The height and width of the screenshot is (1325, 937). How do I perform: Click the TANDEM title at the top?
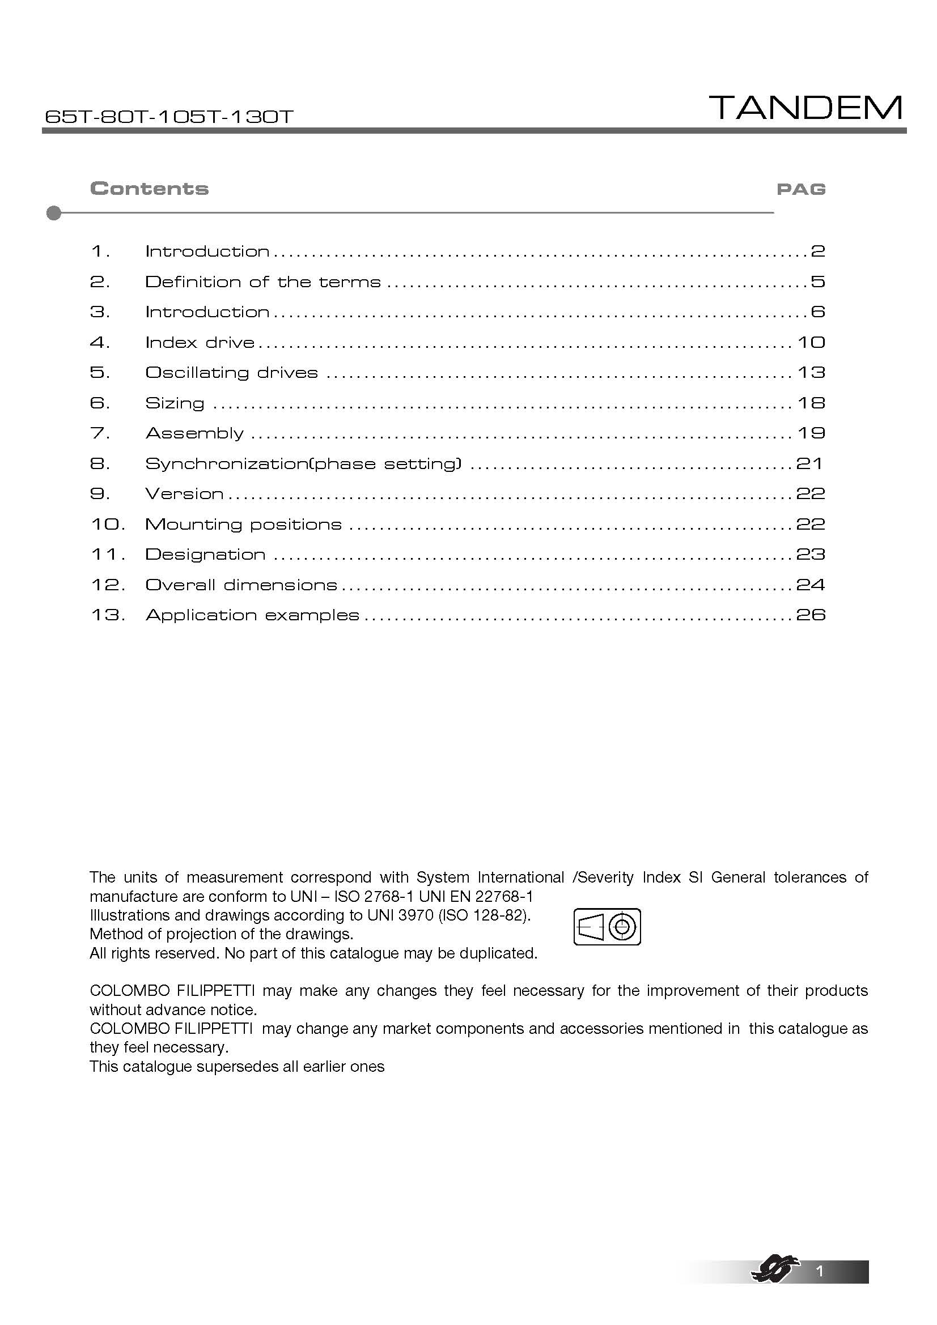(807, 108)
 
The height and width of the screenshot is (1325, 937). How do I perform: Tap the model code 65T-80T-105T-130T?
(168, 117)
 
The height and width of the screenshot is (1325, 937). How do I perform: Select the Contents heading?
(150, 189)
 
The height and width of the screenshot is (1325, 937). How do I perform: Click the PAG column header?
(801, 189)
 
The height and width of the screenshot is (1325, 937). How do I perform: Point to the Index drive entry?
(200, 343)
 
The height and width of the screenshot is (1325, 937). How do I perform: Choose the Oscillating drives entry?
(231, 373)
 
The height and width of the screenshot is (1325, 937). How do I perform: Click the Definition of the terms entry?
(262, 282)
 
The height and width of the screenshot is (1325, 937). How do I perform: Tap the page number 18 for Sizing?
(811, 403)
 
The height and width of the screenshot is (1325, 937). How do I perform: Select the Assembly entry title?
(194, 433)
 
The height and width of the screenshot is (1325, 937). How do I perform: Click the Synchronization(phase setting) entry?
(303, 464)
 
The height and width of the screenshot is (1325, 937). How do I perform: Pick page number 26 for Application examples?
(811, 615)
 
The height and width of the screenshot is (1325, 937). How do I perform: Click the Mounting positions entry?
(243, 525)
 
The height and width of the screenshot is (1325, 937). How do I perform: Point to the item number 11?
(107, 555)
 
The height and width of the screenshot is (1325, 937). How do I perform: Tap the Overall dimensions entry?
(241, 585)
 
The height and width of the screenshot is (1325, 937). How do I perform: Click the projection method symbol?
(607, 927)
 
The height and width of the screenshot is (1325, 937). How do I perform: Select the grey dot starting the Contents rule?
(54, 213)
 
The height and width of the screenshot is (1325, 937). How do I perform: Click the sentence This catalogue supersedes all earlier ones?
(237, 1067)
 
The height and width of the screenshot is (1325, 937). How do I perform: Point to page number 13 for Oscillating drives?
(811, 373)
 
